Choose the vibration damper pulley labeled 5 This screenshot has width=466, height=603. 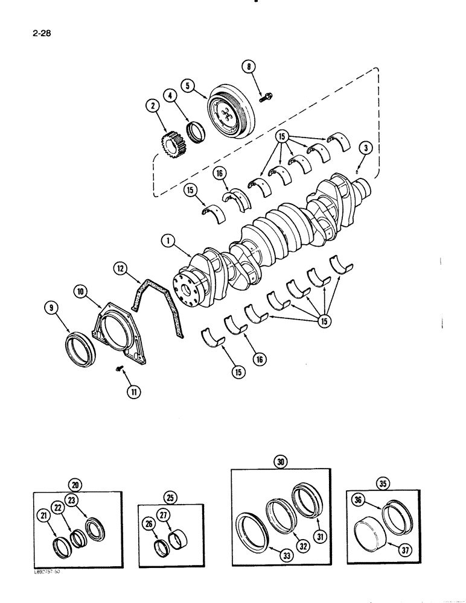(x=233, y=113)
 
